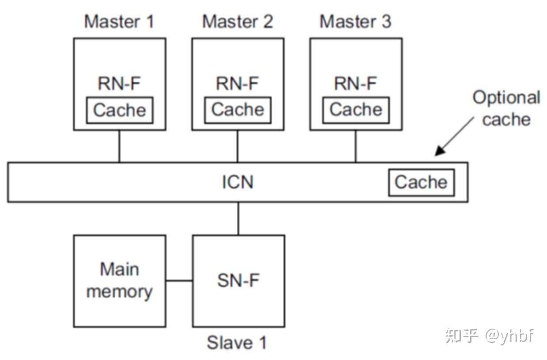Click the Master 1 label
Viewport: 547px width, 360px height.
[x=119, y=21]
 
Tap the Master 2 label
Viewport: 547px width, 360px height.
[x=238, y=21]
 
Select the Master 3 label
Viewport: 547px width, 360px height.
[x=356, y=21]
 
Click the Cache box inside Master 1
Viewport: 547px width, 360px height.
[x=119, y=110]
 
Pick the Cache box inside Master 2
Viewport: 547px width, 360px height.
[x=238, y=110]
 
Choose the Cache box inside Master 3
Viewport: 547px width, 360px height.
[x=356, y=110]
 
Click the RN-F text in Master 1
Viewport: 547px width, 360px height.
[x=119, y=83]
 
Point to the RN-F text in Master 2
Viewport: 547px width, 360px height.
[x=238, y=83]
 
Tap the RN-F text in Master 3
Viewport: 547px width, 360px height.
[x=356, y=83]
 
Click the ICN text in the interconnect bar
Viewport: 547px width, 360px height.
[x=238, y=182]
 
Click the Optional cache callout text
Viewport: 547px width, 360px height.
[x=506, y=108]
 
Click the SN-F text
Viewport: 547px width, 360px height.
[x=238, y=280]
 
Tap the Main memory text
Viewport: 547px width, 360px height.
[x=119, y=280]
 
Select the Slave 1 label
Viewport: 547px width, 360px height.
[x=237, y=343]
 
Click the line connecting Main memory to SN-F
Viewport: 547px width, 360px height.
[x=179, y=280]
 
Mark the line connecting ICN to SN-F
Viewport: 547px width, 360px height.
[x=238, y=218]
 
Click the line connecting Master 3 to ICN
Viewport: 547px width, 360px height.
[x=356, y=146]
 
